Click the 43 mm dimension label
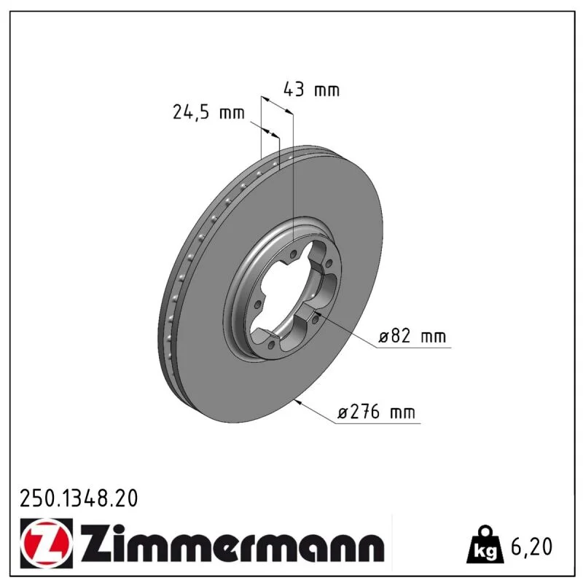(312, 90)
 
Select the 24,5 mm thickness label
(208, 112)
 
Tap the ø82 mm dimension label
(412, 336)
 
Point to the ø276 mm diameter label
(376, 412)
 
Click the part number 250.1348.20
(79, 498)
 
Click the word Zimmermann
(232, 543)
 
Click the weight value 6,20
(532, 547)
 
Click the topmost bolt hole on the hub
(293, 254)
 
